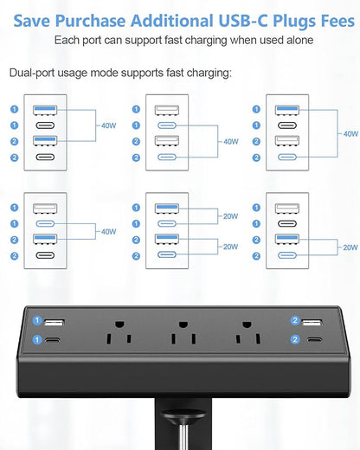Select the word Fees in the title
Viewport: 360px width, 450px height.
pos(326,16)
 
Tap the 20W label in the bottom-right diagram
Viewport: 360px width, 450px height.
pos(350,246)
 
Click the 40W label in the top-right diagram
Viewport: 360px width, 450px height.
pos(350,134)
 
